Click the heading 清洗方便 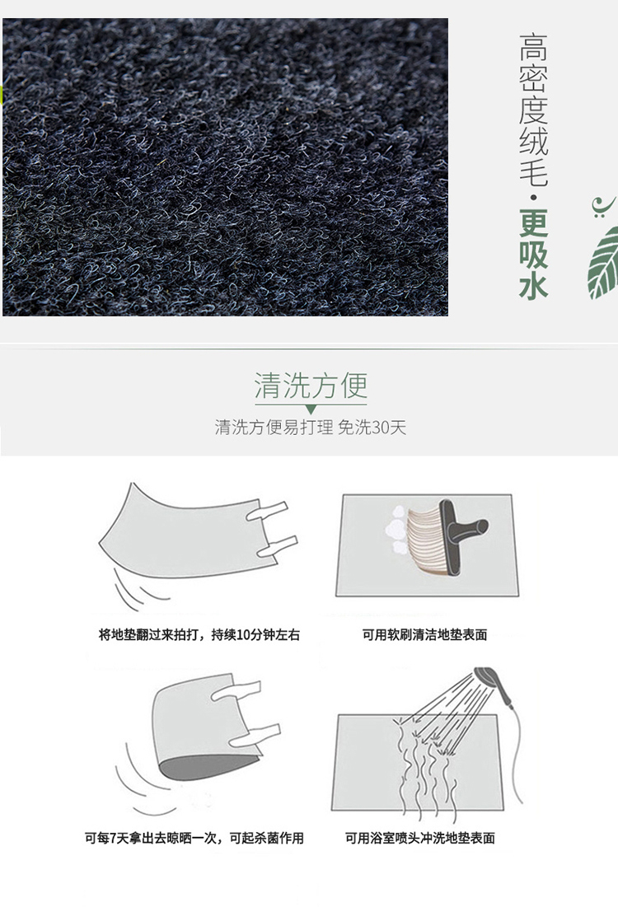(311, 386)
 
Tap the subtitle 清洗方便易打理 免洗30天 (311, 428)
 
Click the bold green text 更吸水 (533, 254)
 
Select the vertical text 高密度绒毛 (533, 110)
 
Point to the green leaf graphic (603, 263)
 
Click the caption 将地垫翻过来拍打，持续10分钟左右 (199, 634)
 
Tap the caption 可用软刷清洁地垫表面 (424, 634)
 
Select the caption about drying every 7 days (194, 838)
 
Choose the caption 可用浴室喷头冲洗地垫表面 (420, 838)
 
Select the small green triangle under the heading (311, 409)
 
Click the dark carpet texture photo (225, 167)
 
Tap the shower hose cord (517, 752)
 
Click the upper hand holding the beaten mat (267, 511)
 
